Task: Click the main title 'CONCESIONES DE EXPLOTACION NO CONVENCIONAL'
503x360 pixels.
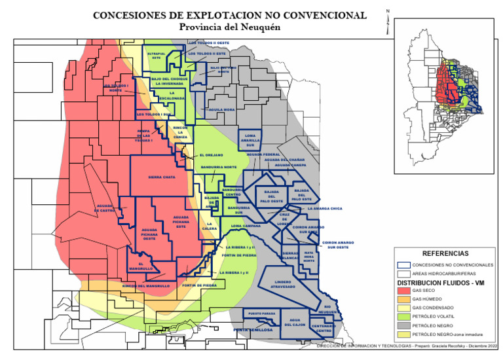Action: coord(229,15)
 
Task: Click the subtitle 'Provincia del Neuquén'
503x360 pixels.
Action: coord(229,27)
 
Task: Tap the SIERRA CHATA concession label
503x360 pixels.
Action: coord(161,177)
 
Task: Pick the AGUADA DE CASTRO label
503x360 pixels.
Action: coord(106,209)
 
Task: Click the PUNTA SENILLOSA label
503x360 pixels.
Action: coord(252,331)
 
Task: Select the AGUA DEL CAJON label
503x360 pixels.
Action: coord(295,323)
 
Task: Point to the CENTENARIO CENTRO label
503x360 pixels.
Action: coord(324,329)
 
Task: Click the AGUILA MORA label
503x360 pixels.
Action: coord(221,109)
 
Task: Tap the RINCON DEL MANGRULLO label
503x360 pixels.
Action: coord(146,286)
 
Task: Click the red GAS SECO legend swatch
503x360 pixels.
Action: coord(403,290)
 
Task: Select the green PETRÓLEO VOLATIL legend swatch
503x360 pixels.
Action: coord(403,316)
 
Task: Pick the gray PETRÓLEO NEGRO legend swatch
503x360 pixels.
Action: coord(403,325)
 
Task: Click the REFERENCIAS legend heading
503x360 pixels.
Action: coord(445,253)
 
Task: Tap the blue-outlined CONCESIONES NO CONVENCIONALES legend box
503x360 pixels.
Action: coord(403,264)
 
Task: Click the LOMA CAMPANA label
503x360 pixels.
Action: coord(246,226)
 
